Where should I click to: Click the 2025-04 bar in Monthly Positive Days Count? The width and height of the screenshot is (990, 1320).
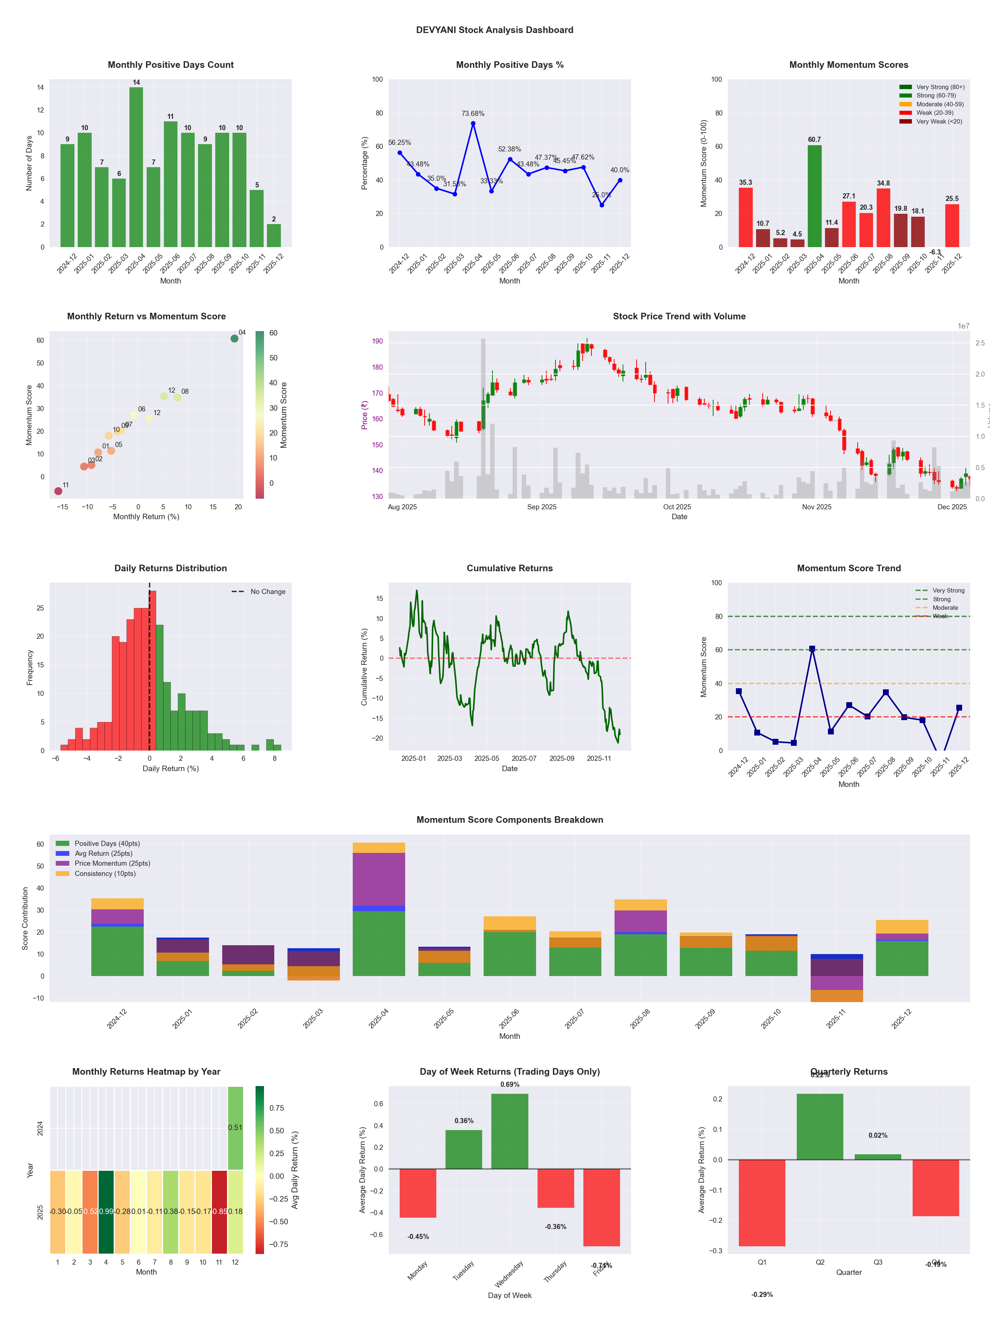pyautogui.click(x=136, y=167)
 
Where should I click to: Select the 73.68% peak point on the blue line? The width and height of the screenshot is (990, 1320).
pyautogui.click(x=473, y=124)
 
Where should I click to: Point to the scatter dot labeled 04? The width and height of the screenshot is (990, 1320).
pyautogui.click(x=235, y=338)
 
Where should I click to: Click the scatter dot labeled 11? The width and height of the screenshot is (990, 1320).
pyautogui.click(x=58, y=491)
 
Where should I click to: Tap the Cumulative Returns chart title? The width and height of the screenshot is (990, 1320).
pyautogui.click(x=510, y=568)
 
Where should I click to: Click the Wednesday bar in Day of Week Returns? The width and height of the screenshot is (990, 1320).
pyautogui.click(x=510, y=1131)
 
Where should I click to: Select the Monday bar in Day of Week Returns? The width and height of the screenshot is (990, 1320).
pyautogui.click(x=418, y=1193)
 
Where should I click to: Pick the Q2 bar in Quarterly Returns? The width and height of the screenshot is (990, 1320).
pyautogui.click(x=820, y=1127)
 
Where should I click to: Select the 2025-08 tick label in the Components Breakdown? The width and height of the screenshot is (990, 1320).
pyautogui.click(x=640, y=1019)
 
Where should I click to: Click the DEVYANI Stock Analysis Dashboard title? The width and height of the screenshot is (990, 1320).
pyautogui.click(x=495, y=30)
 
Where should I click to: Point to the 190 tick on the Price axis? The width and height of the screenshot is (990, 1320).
pyautogui.click(x=377, y=341)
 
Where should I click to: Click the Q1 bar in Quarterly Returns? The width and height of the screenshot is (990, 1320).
pyautogui.click(x=762, y=1202)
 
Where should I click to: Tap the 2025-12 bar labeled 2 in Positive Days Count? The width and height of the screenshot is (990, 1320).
pyautogui.click(x=274, y=236)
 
